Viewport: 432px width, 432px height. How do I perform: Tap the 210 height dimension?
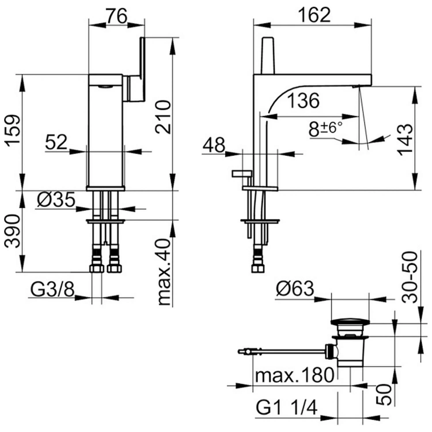click(163, 117)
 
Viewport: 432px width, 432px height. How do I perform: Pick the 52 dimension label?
click(56, 142)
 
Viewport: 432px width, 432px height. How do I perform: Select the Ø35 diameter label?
click(56, 199)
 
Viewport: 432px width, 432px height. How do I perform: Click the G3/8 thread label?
click(52, 289)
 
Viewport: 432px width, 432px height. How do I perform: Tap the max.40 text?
click(164, 272)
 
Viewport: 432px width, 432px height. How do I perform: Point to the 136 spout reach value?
click(304, 101)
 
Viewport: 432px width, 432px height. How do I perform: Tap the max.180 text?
click(295, 375)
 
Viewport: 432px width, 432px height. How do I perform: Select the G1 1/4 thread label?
click(287, 408)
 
